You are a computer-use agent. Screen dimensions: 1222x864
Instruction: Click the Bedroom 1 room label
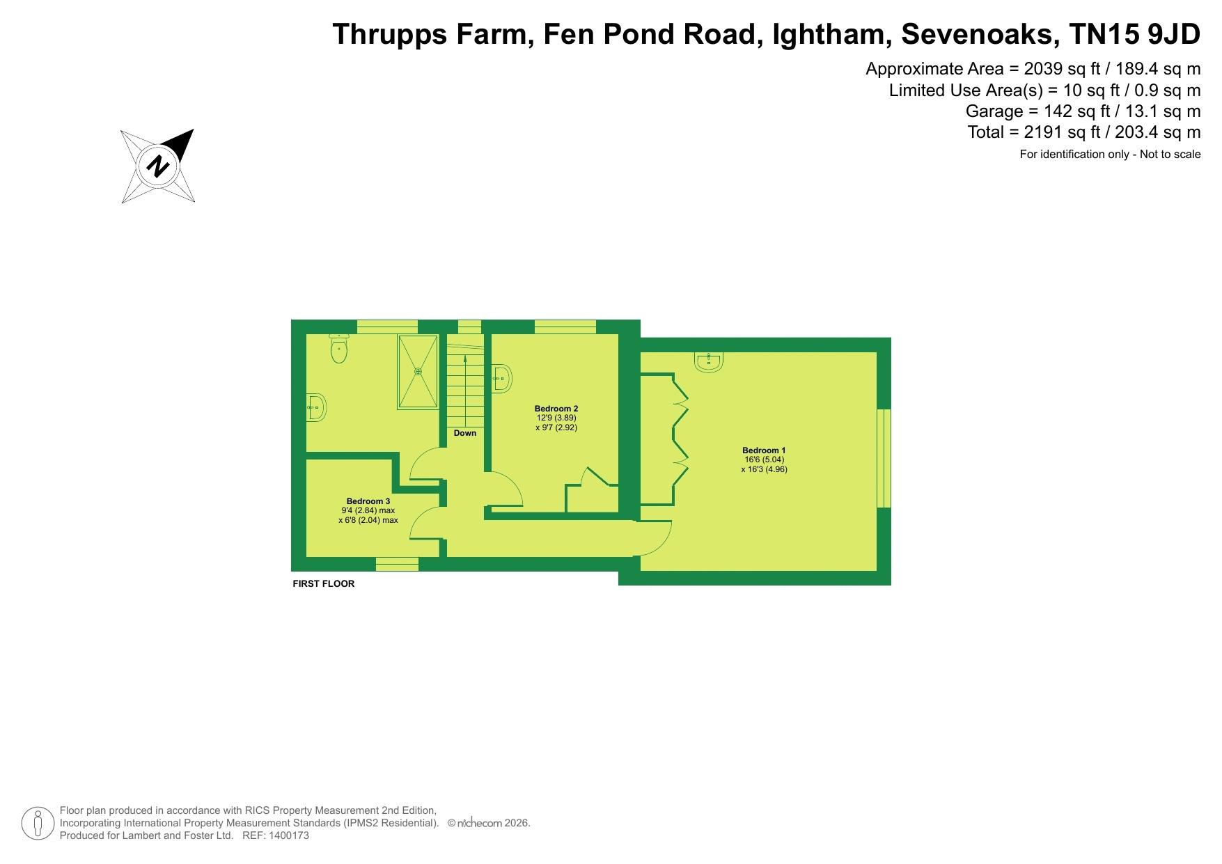(764, 450)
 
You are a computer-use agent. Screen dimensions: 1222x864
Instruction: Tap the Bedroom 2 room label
(556, 409)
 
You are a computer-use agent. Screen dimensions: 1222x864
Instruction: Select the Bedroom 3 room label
(368, 501)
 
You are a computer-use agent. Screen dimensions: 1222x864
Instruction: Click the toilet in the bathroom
(339, 348)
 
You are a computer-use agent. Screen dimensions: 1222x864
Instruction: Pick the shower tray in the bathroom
(418, 372)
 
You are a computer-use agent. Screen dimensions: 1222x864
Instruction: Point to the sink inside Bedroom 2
(501, 379)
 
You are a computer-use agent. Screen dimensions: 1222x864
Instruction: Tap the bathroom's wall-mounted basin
(317, 407)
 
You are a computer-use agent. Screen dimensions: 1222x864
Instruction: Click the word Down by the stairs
(465, 433)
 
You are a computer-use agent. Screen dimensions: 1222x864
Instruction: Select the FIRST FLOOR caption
(324, 583)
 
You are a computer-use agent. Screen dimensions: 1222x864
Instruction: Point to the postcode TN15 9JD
(1135, 34)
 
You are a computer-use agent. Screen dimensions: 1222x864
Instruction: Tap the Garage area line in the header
(1083, 111)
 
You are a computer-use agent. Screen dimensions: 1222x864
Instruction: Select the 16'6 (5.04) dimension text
(764, 460)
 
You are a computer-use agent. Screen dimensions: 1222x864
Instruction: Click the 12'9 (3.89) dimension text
(556, 418)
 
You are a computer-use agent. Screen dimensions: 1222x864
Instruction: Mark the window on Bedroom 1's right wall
(884, 458)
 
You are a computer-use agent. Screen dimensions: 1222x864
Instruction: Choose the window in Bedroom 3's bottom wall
(398, 564)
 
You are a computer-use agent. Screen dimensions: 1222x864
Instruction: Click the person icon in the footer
(38, 824)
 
